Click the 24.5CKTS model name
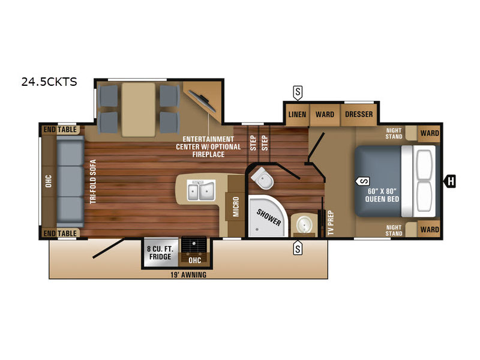click(49, 82)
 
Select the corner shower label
click(268, 217)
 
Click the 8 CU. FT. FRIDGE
click(160, 253)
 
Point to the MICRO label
click(236, 206)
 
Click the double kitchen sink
click(201, 190)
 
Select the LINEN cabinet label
click(297, 115)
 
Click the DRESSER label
click(359, 114)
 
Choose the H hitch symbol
click(451, 181)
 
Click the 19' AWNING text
click(188, 275)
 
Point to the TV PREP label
click(331, 223)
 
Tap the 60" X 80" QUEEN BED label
click(382, 196)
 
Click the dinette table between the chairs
click(139, 110)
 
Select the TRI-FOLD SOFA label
click(93, 182)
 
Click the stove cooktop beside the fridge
click(194, 245)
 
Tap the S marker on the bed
click(362, 181)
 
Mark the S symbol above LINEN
click(298, 93)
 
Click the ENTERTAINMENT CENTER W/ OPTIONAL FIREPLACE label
click(208, 146)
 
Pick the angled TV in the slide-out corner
click(202, 101)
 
